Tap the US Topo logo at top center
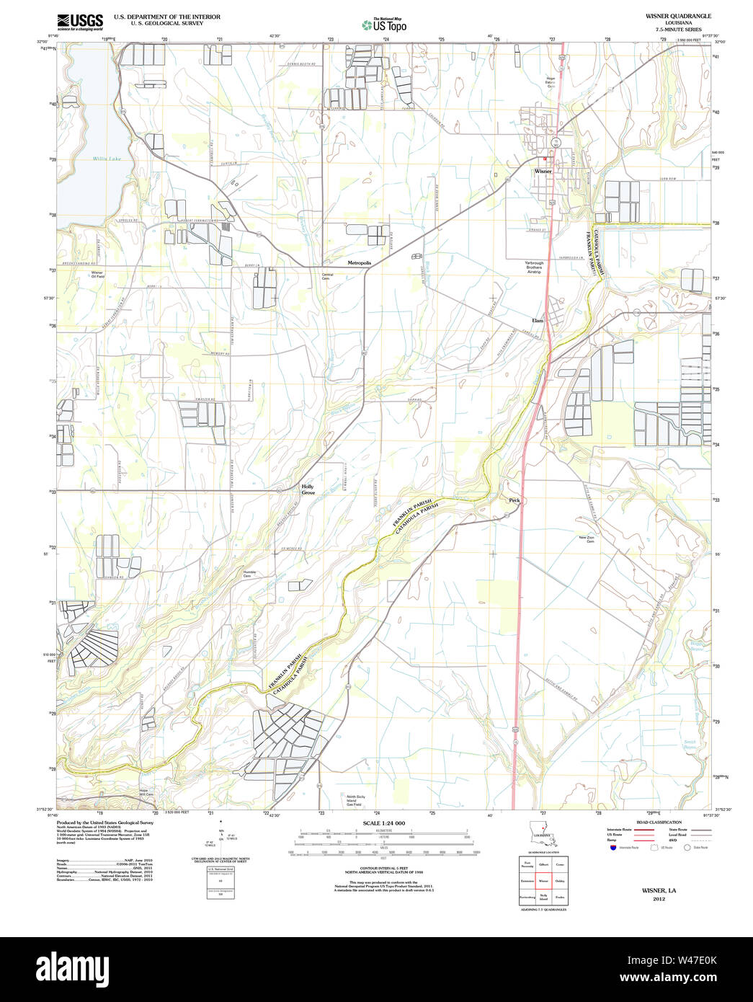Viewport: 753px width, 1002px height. pos(384,25)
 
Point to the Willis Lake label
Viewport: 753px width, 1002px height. pos(107,159)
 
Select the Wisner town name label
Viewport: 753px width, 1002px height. pos(543,172)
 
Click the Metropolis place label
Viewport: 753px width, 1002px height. pos(359,263)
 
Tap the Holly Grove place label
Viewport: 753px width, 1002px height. pos(308,489)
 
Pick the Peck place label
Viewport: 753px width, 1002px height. pos(514,500)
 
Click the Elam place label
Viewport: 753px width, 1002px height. pos(538,320)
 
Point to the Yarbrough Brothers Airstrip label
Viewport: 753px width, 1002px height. pos(534,267)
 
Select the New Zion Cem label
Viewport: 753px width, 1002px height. pos(586,539)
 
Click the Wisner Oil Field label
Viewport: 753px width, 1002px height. pos(97,275)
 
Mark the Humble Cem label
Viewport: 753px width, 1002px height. pos(249,574)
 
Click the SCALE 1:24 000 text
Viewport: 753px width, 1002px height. pos(383,823)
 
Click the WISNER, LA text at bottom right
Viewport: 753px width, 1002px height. pos(659,890)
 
